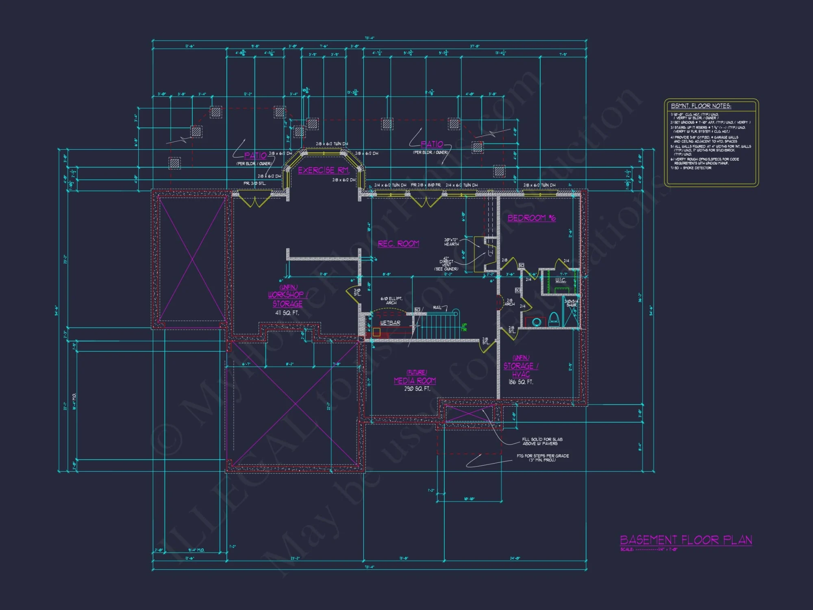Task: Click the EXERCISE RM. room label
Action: pos(324,170)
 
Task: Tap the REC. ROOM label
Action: pos(398,244)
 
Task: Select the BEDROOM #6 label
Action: pos(531,218)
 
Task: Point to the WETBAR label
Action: pos(390,323)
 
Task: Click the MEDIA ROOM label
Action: pos(415,381)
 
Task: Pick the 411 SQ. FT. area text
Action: pos(287,313)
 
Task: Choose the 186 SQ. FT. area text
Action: pos(521,382)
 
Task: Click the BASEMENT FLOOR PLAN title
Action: pos(686,540)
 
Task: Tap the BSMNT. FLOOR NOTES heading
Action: pos(701,106)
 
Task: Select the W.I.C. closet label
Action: pos(561,280)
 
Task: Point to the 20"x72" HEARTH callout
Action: pos(451,242)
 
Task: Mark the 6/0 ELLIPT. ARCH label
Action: pos(391,301)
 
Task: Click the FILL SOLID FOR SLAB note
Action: pos(542,441)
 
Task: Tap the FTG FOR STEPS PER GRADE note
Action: pos(542,457)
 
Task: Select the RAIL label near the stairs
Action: pos(437,307)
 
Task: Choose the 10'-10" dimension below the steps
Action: pos(469,499)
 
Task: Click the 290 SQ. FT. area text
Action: pos(417,389)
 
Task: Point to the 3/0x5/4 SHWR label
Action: pos(571,303)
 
